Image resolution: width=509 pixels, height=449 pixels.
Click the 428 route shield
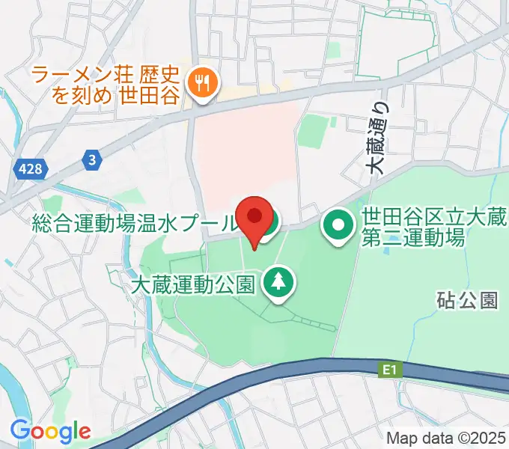pyautogui.click(x=30, y=171)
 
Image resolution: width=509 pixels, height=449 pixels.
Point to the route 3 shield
pyautogui.click(x=91, y=159)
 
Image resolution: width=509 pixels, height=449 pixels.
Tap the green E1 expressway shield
pyautogui.click(x=386, y=369)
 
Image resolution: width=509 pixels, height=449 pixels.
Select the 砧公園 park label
pyautogui.click(x=467, y=301)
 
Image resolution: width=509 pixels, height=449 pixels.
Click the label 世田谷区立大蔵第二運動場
pyautogui.click(x=412, y=227)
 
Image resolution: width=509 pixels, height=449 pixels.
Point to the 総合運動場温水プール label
pyautogui.click(x=135, y=223)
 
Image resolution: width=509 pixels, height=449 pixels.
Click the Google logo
pyautogui.click(x=50, y=430)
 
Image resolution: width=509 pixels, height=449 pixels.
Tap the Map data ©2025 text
pyautogui.click(x=445, y=438)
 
